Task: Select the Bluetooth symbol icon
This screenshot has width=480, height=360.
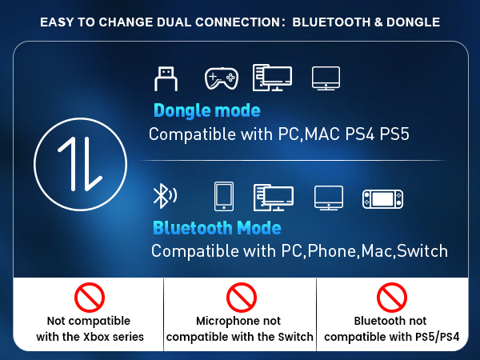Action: tap(163, 195)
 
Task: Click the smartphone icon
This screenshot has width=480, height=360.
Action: tap(223, 196)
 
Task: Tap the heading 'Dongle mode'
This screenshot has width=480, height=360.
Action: tap(206, 110)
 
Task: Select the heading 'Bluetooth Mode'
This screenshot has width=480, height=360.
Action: tap(216, 228)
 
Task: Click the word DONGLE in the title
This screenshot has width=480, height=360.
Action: tap(410, 22)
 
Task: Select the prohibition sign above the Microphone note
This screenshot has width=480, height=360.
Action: tap(240, 298)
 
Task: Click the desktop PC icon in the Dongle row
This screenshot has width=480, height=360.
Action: tap(272, 78)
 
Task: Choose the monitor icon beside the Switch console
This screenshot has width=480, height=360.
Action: tap(328, 197)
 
